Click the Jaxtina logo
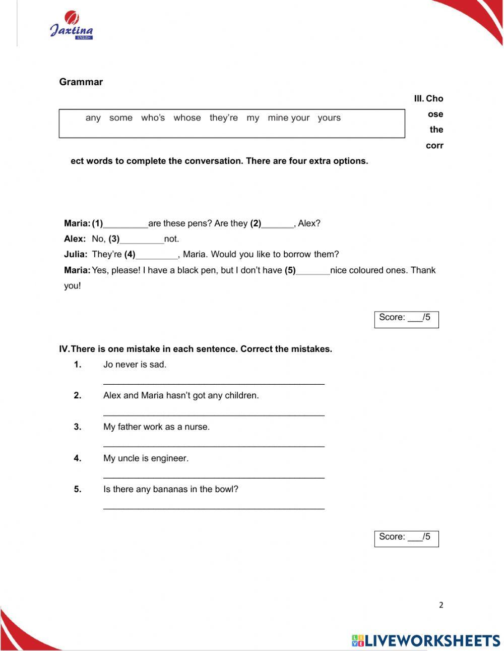coord(71,26)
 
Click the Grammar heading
coord(81,82)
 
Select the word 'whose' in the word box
coord(187,118)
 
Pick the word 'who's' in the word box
coord(153,118)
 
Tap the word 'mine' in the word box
coord(278,118)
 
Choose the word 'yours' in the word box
coord(329,118)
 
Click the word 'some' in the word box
coord(120,118)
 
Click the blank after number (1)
coord(125,224)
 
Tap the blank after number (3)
coord(142,240)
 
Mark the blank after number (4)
coord(157,256)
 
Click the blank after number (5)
coord(312,271)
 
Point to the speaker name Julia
coord(76,255)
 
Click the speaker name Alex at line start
coord(75,239)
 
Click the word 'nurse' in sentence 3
coord(196,427)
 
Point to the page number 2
coord(441,605)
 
